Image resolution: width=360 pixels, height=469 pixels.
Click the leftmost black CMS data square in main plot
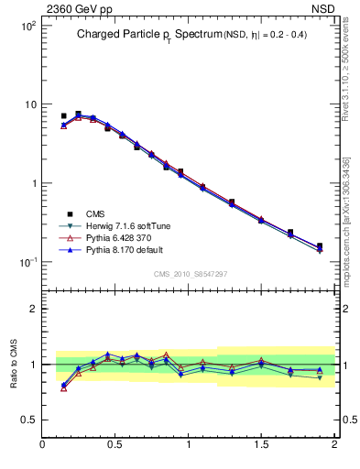63,116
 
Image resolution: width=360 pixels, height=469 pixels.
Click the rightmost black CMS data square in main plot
320,245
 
